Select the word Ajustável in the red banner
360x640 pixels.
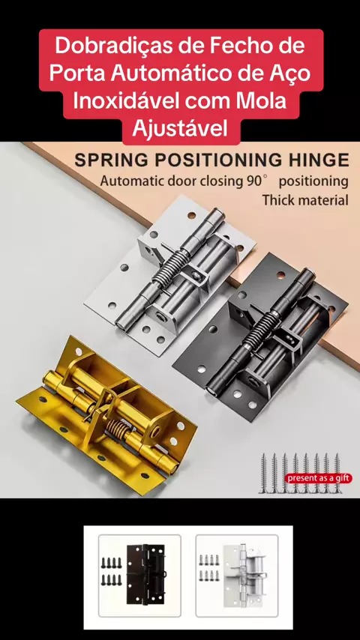pyautogui.click(x=180, y=129)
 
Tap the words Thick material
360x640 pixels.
pyautogui.click(x=305, y=200)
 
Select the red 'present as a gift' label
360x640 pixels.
pyautogui.click(x=319, y=478)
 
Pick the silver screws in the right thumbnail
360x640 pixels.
pyautogui.click(x=208, y=568)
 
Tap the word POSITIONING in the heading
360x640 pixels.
pyautogui.click(x=217, y=160)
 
